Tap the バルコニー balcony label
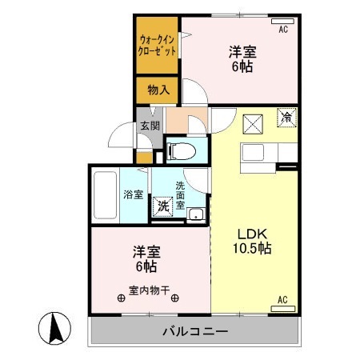[196, 331]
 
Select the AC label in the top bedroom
[282, 30]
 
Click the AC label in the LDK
[282, 300]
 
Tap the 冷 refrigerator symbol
[286, 117]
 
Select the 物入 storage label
[158, 90]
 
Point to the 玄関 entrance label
[150, 126]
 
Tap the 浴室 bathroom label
[133, 194]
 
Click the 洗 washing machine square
[163, 206]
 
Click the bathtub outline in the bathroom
[105, 194]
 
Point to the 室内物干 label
[149, 290]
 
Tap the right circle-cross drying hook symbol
[174, 299]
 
